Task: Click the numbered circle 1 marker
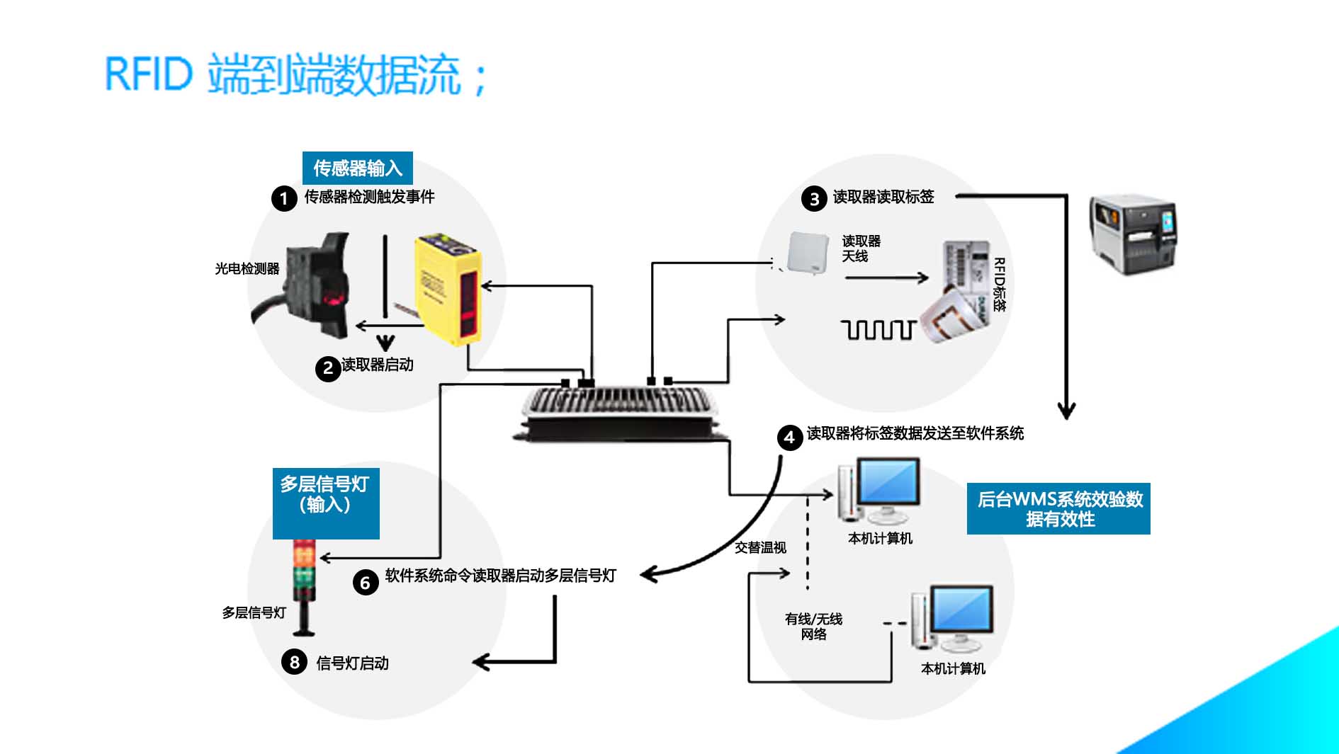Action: coord(284,198)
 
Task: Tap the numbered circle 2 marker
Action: coord(328,368)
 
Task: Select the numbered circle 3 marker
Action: coord(814,199)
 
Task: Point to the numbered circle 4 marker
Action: coord(789,438)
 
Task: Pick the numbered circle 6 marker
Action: coord(365,583)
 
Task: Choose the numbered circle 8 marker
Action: coord(294,662)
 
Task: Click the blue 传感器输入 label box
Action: coord(357,168)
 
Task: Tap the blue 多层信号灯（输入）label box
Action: coord(325,503)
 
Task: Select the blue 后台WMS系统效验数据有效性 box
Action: coord(1058,508)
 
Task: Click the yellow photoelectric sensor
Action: coord(448,289)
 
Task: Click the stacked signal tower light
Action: coord(305,585)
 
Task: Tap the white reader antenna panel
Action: coord(808,253)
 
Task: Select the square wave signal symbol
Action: coord(878,330)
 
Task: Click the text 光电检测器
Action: coord(247,269)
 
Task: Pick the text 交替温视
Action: coord(760,547)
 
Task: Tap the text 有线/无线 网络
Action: coord(813,627)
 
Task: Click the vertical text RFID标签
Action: coord(999,285)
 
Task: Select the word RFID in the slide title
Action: coord(149,74)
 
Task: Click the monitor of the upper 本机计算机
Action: coord(889,481)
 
